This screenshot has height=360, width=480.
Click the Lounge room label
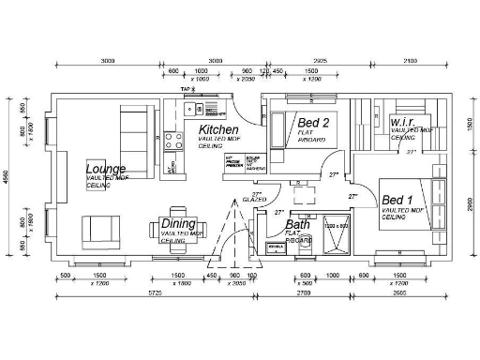click(105, 170)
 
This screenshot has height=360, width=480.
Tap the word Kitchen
click(218, 130)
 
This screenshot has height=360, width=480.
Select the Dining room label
click(177, 223)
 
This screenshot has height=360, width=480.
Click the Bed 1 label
click(398, 202)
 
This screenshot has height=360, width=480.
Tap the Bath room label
click(297, 225)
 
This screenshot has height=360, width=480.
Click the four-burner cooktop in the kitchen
click(174, 142)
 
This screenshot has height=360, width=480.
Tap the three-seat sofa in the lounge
click(136, 125)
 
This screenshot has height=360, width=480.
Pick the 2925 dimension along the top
click(320, 60)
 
